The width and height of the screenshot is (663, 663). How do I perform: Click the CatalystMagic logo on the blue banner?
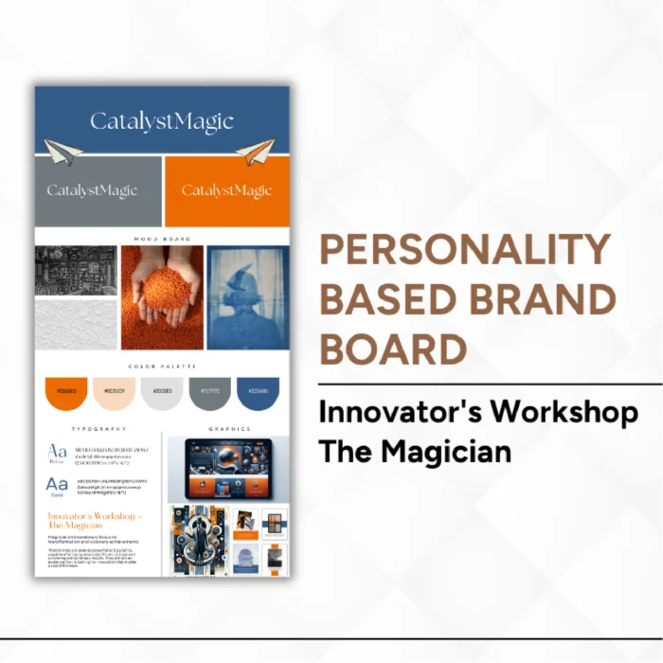(162, 121)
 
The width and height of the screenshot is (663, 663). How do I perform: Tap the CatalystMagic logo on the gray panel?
(92, 190)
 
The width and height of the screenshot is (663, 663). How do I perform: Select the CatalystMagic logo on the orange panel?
(226, 190)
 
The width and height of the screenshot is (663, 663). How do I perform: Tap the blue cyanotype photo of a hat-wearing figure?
(247, 296)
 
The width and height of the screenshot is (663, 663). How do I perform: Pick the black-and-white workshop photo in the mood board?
(75, 271)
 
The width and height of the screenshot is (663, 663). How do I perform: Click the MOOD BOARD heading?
(162, 239)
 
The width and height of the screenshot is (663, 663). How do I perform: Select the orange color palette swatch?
(66, 392)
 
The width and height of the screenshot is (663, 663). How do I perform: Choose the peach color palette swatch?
(114, 392)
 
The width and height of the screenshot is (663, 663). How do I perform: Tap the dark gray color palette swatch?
(209, 392)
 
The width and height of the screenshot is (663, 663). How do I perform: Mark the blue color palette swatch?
(258, 392)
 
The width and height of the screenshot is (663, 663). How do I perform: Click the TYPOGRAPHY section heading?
(99, 429)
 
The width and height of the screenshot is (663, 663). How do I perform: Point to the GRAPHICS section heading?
(229, 429)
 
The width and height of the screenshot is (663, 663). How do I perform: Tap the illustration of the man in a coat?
(197, 540)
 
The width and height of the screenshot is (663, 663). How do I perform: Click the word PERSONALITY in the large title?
(465, 250)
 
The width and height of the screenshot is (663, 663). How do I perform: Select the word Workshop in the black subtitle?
(574, 413)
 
